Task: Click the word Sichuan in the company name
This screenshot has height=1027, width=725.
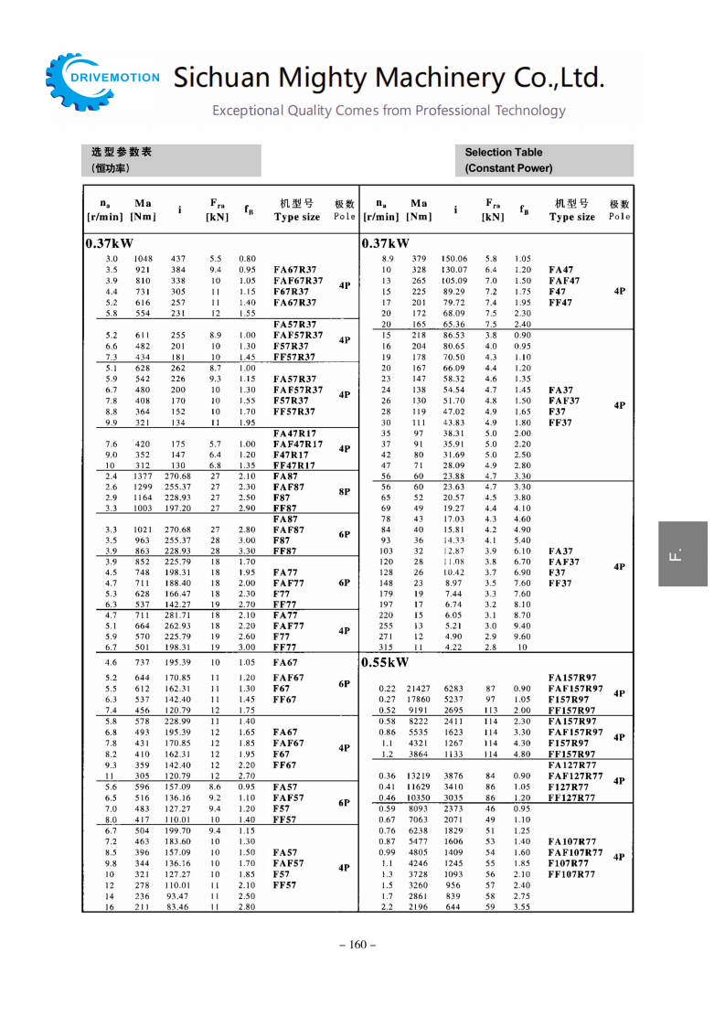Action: [x=220, y=77]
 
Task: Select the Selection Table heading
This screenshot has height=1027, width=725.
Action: [x=503, y=153]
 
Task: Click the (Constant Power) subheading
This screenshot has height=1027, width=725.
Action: [x=508, y=168]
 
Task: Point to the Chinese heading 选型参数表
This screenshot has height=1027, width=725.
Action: [x=122, y=153]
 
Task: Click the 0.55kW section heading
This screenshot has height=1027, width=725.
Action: [x=385, y=662]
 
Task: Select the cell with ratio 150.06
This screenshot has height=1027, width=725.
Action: [x=454, y=259]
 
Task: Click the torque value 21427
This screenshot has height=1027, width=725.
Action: [x=419, y=689]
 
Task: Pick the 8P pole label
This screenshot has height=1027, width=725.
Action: [x=345, y=491]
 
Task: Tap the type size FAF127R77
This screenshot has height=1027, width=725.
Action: [x=575, y=776]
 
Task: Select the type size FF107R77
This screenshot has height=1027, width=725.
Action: [x=571, y=874]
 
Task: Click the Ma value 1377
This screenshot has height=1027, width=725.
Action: [x=143, y=476]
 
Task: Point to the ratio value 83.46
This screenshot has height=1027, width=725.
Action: [x=178, y=907]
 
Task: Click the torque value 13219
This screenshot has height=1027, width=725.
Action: [x=419, y=776]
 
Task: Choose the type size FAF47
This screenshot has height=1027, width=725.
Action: [x=564, y=281]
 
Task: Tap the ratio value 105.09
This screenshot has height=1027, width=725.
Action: [x=454, y=281]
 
